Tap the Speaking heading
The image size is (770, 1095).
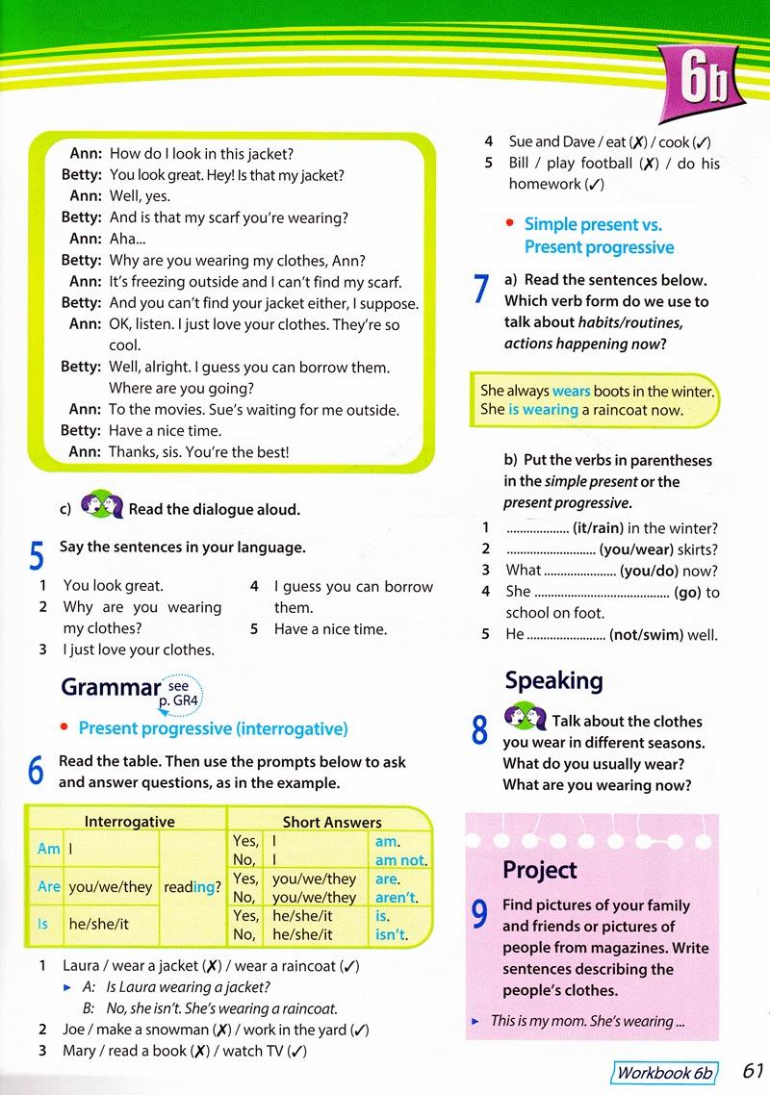point(553,680)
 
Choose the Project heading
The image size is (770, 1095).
point(540,870)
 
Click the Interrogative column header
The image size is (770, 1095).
point(129,822)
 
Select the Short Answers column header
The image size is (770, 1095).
point(332,822)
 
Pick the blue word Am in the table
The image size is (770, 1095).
point(48,849)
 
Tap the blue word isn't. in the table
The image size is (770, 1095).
point(391,933)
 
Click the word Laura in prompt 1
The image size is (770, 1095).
point(82,965)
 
